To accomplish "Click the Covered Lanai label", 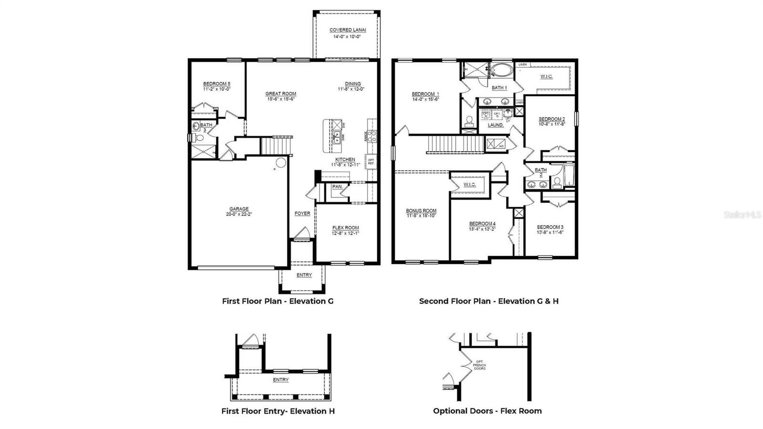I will point(348,30).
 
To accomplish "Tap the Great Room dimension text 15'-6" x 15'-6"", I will point(280,99).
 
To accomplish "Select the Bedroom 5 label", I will point(217,84).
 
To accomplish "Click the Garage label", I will point(239,209).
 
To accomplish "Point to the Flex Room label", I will point(345,228).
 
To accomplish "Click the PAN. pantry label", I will point(337,187).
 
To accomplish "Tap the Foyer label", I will point(302,213).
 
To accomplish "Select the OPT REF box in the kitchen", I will point(371,162).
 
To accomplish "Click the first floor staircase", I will point(275,145).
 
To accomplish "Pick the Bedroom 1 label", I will point(425,94).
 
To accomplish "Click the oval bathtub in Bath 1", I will point(501,71).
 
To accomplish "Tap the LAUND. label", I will point(495,125).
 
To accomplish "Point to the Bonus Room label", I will point(421,210).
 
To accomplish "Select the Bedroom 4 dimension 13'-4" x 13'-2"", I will point(482,229).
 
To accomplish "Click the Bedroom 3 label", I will point(550,227).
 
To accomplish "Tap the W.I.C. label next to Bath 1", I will point(546,76).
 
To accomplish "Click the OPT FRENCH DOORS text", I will point(479,365).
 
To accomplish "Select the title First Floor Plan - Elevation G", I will point(278,301).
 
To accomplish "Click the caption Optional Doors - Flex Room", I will point(487,411).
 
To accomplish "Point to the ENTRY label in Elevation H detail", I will point(281,380).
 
